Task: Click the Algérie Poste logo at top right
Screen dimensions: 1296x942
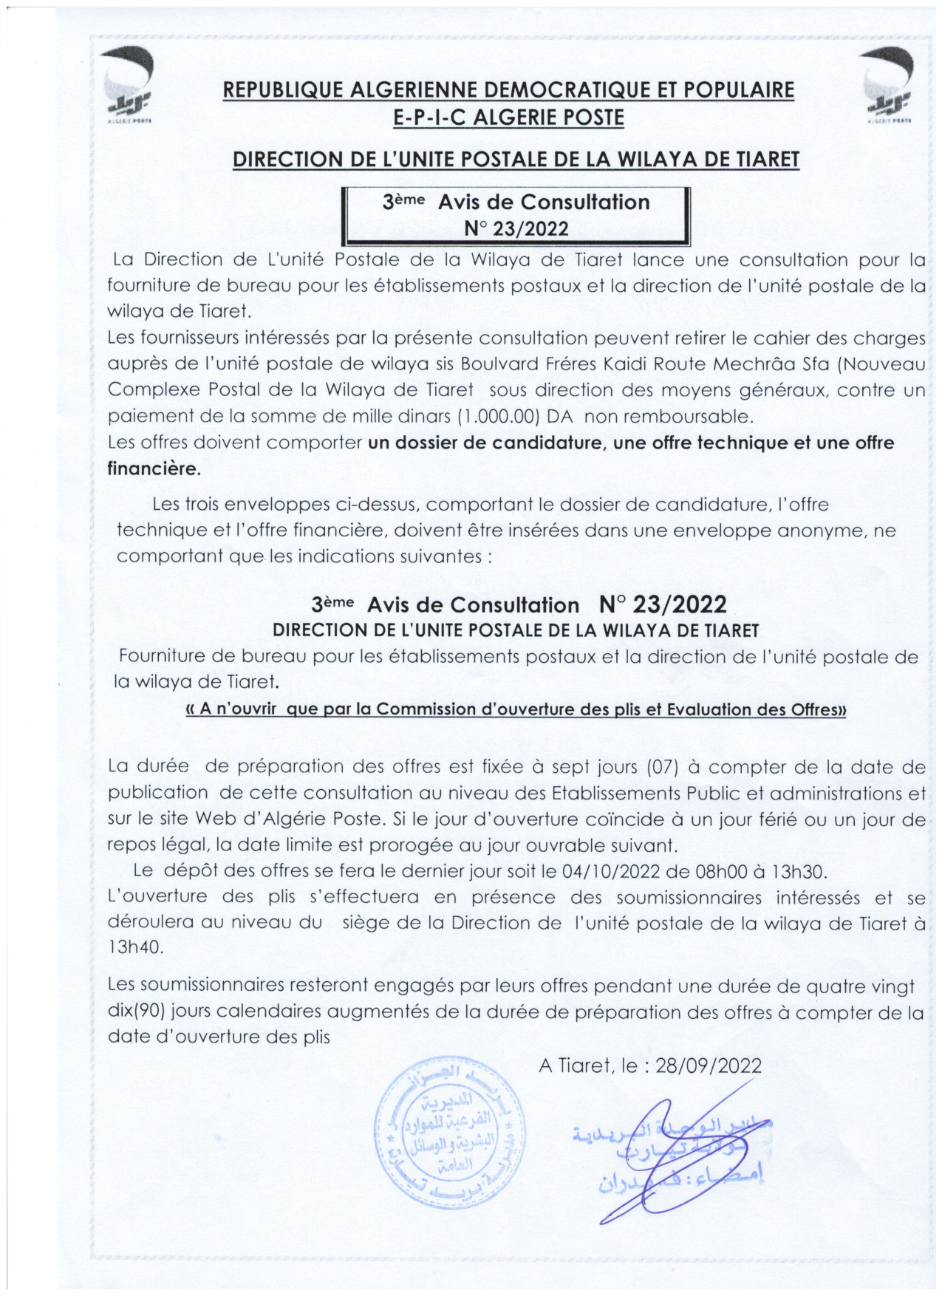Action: point(889,84)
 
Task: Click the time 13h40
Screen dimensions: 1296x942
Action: point(135,947)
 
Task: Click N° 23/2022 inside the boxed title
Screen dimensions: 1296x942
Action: point(516,228)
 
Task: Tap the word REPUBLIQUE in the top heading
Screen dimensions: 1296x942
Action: point(284,90)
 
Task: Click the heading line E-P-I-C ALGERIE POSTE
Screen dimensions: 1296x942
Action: point(509,117)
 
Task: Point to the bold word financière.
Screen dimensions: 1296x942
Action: point(154,468)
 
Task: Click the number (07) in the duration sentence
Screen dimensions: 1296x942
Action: point(662,766)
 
